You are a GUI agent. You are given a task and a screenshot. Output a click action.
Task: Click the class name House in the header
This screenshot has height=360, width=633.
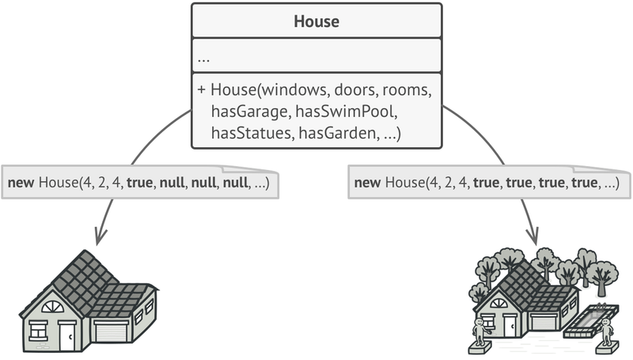click(316, 21)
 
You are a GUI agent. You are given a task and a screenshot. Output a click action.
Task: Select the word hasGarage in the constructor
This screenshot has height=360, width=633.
click(248, 113)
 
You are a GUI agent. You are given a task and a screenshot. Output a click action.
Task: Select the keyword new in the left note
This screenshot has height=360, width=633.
click(21, 184)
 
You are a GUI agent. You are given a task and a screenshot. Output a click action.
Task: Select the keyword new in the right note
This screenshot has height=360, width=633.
click(367, 184)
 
